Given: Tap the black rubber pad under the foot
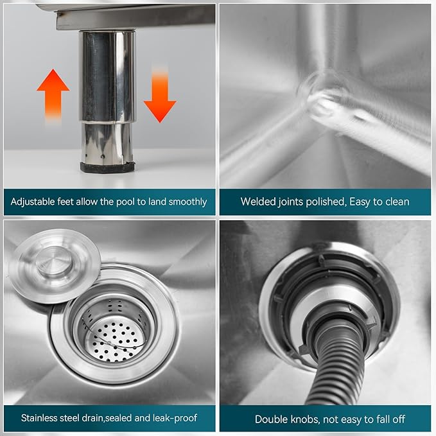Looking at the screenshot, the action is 107,168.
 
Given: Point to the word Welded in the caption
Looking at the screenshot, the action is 258,202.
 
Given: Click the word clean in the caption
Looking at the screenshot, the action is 396,202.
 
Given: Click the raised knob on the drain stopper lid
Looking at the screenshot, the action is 55,261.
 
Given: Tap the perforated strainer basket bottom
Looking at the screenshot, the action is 114,342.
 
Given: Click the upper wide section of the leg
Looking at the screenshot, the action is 107,76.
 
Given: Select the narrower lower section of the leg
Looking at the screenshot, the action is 107,143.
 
